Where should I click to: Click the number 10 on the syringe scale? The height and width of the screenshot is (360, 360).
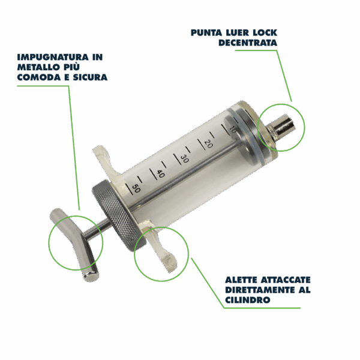tap(233, 130)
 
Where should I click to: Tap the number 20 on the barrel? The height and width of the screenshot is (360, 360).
tap(209, 144)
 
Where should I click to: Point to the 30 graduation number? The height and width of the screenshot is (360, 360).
tap(184, 158)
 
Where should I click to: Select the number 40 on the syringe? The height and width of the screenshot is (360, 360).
tap(160, 173)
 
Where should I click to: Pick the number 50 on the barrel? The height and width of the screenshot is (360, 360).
tap(136, 188)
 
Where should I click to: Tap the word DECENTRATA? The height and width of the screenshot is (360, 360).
tap(248, 43)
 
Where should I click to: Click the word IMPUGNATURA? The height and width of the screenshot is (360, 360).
tap(53, 57)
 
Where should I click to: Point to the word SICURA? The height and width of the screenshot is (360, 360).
tap(90, 77)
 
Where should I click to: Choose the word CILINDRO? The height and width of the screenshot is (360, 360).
tap(247, 300)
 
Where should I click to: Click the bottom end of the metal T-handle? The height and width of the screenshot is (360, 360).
tap(91, 276)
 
